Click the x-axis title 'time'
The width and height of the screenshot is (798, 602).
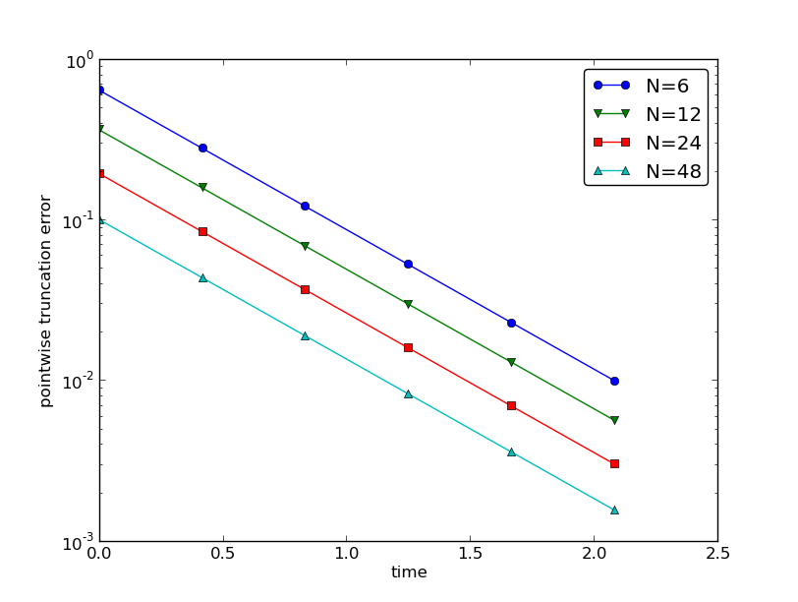click(409, 572)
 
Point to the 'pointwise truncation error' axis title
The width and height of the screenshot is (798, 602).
click(46, 301)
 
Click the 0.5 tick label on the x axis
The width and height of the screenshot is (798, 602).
click(222, 553)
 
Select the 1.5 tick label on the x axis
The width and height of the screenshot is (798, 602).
click(470, 553)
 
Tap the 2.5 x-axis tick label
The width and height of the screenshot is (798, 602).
click(717, 553)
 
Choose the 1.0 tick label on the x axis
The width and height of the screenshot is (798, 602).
click(346, 553)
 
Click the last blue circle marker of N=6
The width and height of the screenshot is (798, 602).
click(614, 381)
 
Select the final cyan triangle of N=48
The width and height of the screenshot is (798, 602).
click(614, 510)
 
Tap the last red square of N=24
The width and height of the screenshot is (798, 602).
click(614, 463)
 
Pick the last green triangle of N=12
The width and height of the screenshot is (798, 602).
click(614, 420)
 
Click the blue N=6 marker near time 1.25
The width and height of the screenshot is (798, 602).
click(408, 264)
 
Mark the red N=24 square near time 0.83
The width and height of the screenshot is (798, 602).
click(305, 289)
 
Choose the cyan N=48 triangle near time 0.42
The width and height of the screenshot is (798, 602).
click(202, 277)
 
